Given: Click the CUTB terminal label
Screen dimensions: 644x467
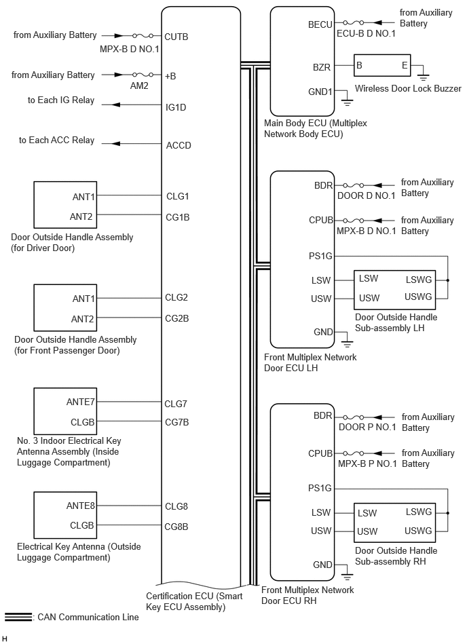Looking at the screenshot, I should point(176,36).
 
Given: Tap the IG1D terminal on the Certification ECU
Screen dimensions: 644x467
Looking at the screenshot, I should point(176,107).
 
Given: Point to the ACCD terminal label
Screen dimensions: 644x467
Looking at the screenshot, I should point(179,145).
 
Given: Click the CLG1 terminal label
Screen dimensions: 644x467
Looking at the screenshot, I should point(176,196).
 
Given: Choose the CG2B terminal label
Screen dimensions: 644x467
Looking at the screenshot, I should point(177,318).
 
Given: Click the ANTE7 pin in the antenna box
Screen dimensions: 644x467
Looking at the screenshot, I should point(80,402).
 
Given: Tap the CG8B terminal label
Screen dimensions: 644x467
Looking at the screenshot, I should point(176,526).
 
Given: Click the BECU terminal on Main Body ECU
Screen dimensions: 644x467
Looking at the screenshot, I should point(320,24).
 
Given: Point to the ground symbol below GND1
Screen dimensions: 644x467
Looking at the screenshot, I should point(348,102).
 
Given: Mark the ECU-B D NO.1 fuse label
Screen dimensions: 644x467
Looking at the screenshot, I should point(370,35).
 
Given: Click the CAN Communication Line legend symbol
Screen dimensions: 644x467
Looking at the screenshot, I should point(18,617).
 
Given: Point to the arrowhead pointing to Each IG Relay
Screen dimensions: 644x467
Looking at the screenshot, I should point(115,105).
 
